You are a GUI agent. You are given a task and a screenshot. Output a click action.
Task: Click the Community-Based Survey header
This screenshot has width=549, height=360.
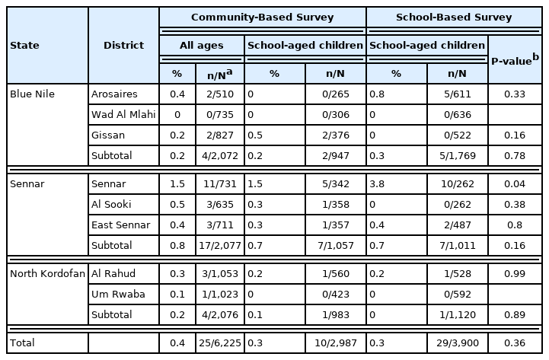pos(262,17)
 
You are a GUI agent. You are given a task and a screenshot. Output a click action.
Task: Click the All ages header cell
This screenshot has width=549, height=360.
pos(202,46)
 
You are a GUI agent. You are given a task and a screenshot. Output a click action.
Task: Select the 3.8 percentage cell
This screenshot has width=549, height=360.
pos(396,184)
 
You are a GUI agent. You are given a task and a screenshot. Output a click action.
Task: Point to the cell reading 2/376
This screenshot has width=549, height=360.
pos(335,135)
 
